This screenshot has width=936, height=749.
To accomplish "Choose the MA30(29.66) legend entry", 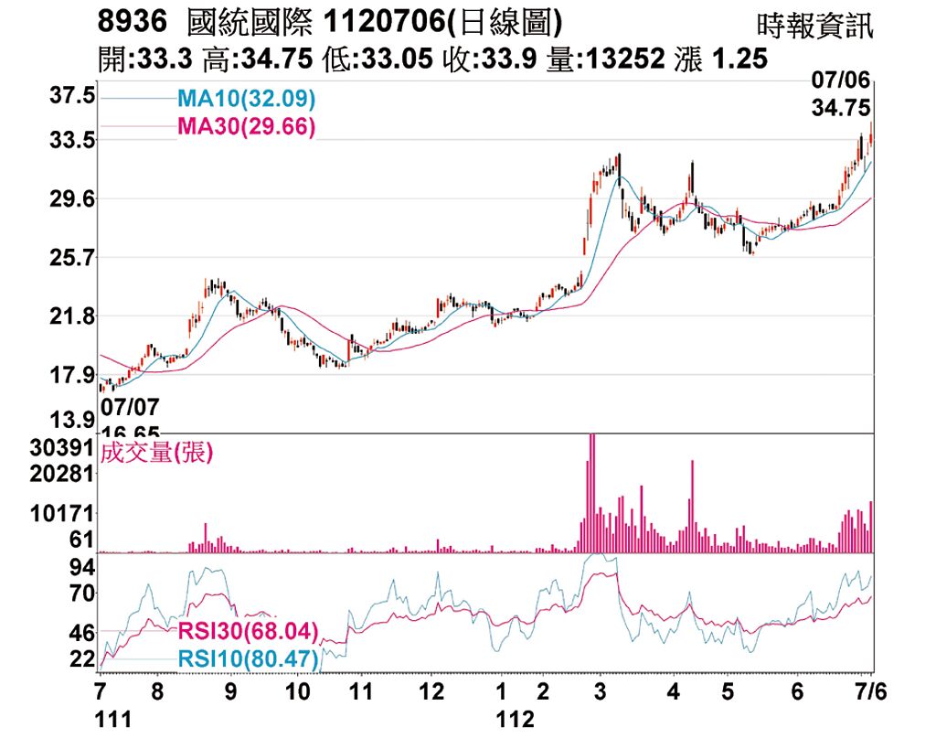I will [245, 126].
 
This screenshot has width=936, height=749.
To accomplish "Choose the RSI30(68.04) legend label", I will [247, 631].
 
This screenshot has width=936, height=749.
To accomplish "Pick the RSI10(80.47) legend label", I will [247, 658].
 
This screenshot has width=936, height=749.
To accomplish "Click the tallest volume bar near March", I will [592, 494].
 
